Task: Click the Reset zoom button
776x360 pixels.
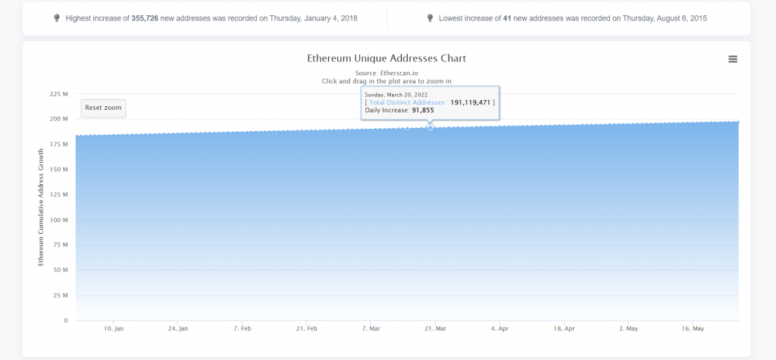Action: coord(103,108)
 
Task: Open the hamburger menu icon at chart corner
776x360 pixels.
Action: coord(733,59)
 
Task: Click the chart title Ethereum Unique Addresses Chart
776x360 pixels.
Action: coord(386,58)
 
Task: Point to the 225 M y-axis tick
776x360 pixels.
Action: coord(59,94)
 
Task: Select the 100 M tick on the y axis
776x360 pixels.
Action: coord(59,220)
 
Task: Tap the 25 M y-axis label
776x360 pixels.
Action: coord(61,296)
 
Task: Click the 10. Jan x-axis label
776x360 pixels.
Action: coord(114,329)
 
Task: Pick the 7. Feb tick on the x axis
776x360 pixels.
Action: coord(242,329)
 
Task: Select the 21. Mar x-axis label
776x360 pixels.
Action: coord(435,329)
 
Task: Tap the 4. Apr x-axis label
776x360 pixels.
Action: coord(499,329)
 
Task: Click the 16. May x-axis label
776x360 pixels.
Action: coord(693,329)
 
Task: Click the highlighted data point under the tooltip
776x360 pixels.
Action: coord(430,127)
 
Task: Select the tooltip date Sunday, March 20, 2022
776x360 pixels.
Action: coord(396,95)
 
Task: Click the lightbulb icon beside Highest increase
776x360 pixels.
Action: coord(57,17)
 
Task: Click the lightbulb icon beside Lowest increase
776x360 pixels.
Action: coord(430,17)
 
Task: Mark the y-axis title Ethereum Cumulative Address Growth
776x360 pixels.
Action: coord(42,206)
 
